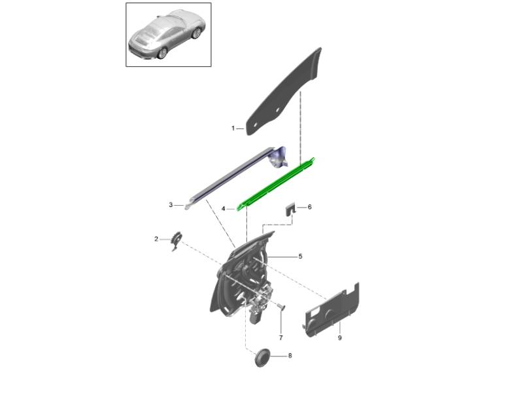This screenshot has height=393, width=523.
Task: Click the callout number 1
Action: (x=233, y=128)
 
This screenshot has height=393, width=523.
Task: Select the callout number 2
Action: (x=156, y=239)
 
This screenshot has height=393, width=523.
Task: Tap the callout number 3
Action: (x=171, y=204)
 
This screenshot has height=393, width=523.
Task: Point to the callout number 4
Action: (x=224, y=209)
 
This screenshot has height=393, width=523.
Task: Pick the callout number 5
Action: (x=300, y=256)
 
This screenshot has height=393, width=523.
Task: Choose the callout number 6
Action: (x=309, y=207)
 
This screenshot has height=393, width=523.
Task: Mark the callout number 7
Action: (x=281, y=338)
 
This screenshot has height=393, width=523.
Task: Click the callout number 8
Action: (x=290, y=356)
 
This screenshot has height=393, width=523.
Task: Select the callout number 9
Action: (x=340, y=338)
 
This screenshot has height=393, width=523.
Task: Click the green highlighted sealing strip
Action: (x=275, y=184)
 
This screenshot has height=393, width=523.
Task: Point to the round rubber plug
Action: (x=263, y=358)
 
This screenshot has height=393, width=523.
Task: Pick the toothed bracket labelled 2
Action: (x=176, y=241)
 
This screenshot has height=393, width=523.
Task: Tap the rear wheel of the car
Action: (x=162, y=53)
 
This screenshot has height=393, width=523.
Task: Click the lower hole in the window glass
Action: (x=256, y=124)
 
